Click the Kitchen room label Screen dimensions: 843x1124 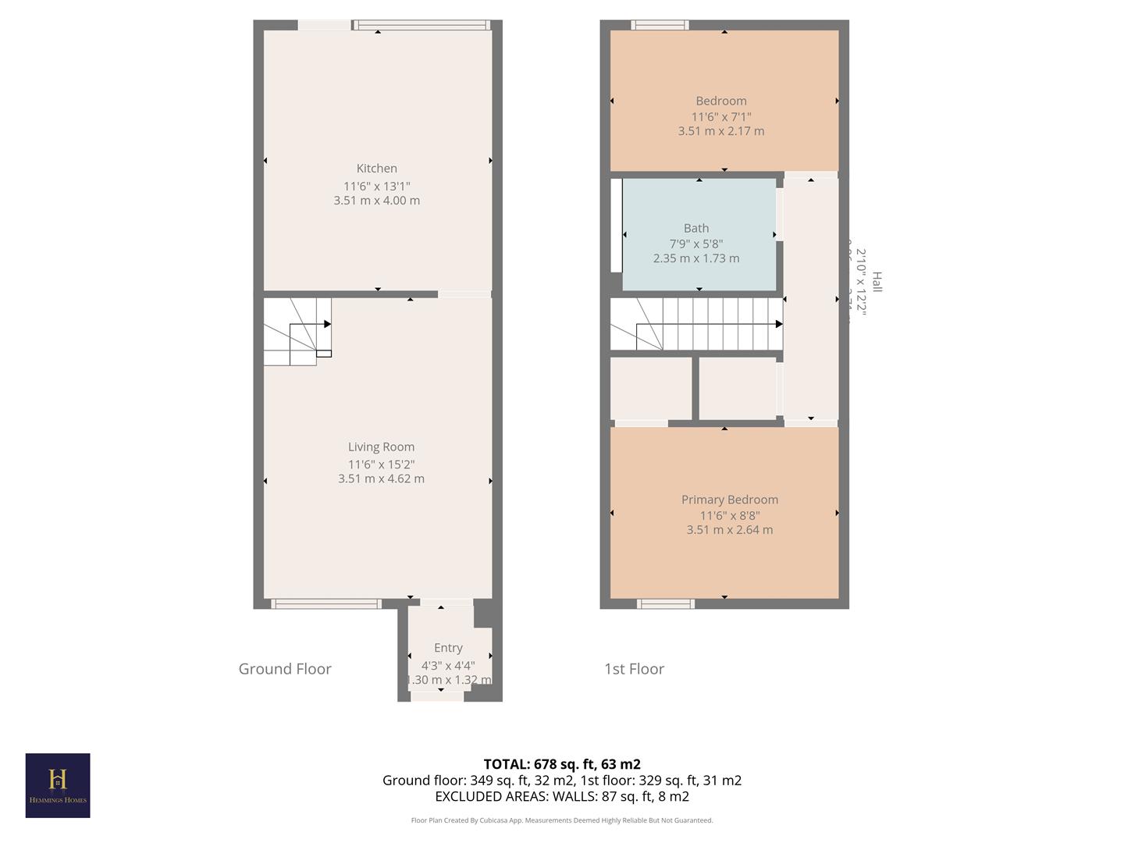(376, 168)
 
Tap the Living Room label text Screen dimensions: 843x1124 (381, 446)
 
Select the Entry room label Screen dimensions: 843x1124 (448, 647)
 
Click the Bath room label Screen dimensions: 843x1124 (696, 228)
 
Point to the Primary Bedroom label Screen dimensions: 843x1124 (729, 500)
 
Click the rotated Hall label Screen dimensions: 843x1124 (877, 282)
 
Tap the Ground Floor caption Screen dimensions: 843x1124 (285, 669)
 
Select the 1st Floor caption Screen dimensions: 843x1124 (634, 669)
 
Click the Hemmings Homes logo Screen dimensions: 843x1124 (58, 785)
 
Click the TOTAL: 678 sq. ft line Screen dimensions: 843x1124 (562, 764)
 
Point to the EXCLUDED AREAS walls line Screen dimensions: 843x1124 (562, 796)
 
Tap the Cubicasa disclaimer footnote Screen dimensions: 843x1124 (562, 820)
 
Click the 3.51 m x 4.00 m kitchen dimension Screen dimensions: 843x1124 (376, 201)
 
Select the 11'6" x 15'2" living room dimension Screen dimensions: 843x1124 (381, 464)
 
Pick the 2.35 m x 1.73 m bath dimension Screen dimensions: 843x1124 (696, 258)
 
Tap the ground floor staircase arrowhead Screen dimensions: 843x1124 (327, 324)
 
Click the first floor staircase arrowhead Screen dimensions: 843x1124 (778, 324)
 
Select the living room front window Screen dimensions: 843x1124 (325, 603)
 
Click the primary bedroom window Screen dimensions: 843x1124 (666, 603)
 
